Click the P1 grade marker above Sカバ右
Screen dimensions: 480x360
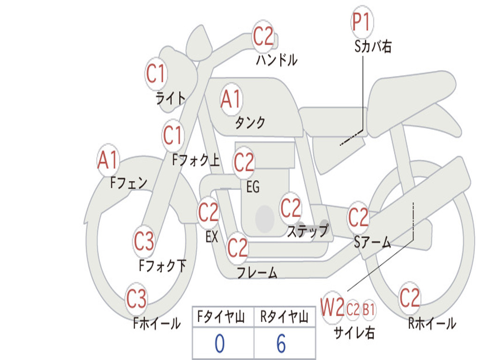(x=362, y=22)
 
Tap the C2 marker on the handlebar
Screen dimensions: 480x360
(x=263, y=37)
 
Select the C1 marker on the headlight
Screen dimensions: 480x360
(x=156, y=74)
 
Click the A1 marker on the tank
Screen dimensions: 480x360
(x=231, y=99)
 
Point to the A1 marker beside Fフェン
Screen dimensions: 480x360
(x=108, y=160)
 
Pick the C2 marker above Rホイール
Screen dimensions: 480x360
(x=409, y=298)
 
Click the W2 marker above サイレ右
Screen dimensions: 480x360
(x=332, y=307)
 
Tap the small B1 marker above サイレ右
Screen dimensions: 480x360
(x=368, y=310)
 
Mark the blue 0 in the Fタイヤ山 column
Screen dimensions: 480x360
(x=219, y=343)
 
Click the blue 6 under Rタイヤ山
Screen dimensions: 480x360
(x=281, y=343)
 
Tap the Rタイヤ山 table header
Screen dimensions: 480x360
(x=284, y=317)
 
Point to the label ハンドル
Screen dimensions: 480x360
(x=277, y=60)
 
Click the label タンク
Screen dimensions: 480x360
(x=250, y=122)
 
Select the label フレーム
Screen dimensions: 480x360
(x=257, y=272)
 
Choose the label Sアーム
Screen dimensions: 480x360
(x=373, y=242)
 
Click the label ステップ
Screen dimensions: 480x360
(x=308, y=231)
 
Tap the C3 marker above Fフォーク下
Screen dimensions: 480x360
(x=144, y=241)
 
